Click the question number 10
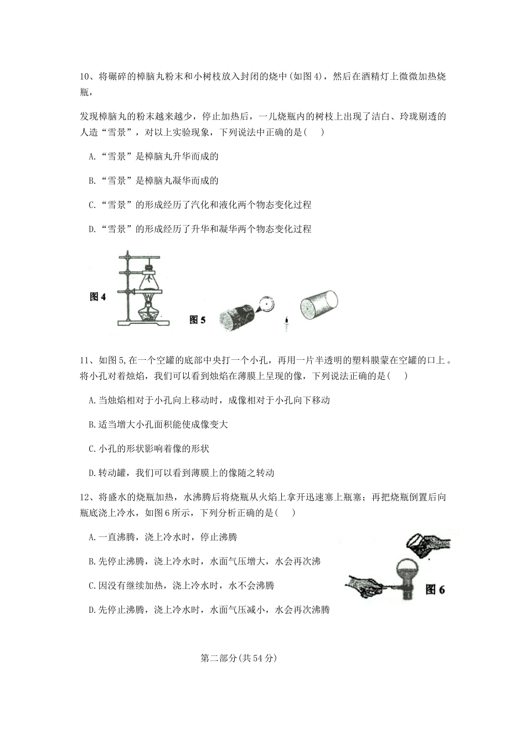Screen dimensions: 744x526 pos(85,77)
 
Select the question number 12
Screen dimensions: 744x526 pos(85,497)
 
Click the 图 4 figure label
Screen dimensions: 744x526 pos(97,297)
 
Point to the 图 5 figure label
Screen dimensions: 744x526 pos(197,320)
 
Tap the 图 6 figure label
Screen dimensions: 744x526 pos(435,590)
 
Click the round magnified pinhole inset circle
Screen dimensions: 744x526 pos(267,303)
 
